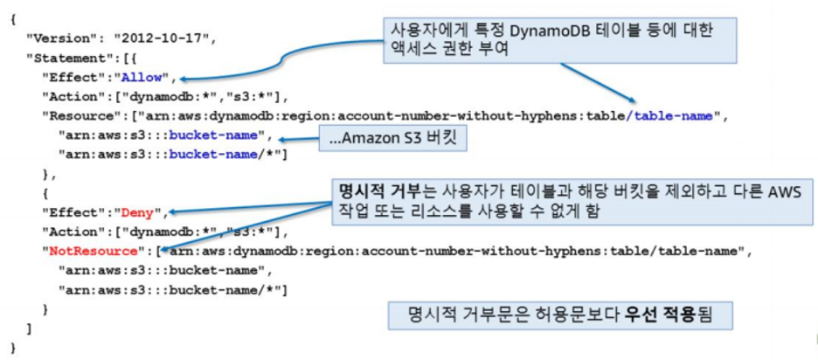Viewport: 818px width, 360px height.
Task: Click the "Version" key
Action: [x=60, y=38]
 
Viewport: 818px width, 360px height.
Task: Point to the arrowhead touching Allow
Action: [x=187, y=78]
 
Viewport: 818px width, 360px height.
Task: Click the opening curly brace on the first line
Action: [x=12, y=19]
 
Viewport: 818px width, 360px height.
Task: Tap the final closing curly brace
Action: [x=12, y=348]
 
